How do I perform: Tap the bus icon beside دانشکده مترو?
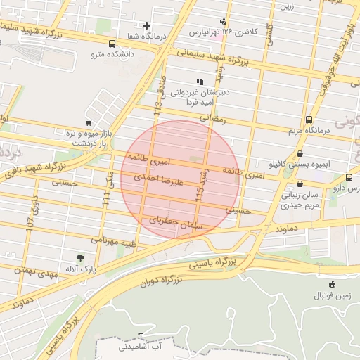pos(112,42)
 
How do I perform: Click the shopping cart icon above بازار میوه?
pos(88,123)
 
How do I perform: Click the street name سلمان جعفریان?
pos(176,223)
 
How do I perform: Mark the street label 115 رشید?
pos(204,186)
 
